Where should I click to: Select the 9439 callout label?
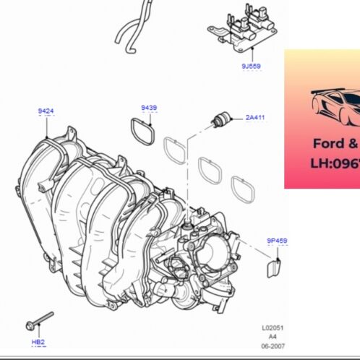tap(149, 108)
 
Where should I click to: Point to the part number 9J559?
tap(252, 66)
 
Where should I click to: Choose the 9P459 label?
tap(277, 239)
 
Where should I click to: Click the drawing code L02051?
tap(273, 327)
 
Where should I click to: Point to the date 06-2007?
tap(273, 347)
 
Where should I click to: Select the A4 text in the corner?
tap(273, 337)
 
